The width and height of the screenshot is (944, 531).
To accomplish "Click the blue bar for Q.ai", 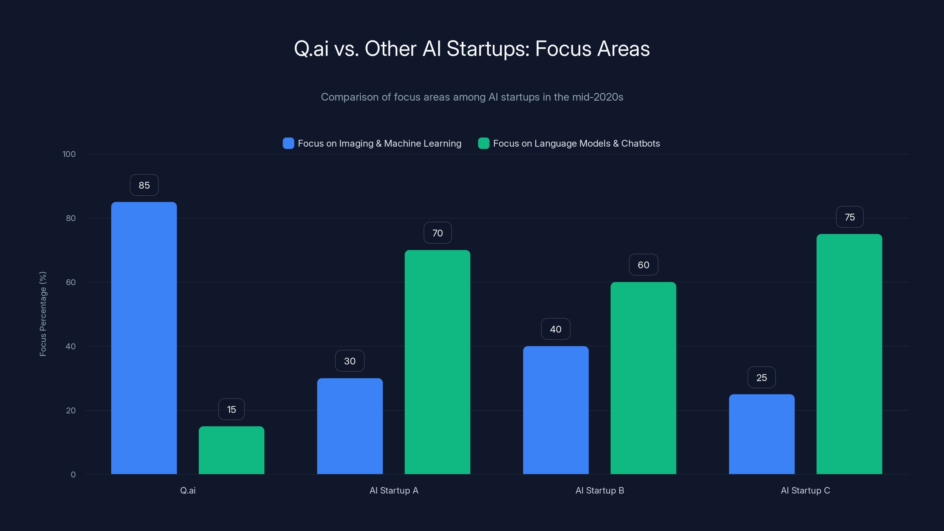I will (144, 337).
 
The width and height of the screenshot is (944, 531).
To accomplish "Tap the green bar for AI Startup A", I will (437, 362).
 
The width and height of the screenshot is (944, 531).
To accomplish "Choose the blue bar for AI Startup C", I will (761, 434).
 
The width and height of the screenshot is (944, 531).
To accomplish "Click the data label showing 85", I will (144, 185).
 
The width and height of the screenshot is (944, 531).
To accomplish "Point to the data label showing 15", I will (231, 409).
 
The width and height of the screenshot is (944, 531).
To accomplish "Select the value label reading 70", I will (437, 233).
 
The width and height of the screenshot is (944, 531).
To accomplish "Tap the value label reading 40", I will (555, 329).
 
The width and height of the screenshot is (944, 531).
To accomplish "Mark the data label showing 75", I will (850, 217).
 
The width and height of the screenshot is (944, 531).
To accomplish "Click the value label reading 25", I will (761, 378).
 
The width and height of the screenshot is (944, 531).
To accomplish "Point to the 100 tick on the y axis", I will (69, 154).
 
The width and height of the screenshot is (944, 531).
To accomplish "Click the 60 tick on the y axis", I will (71, 282).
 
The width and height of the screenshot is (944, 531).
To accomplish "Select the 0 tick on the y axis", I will (73, 475).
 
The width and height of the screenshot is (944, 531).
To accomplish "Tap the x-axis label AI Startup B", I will (599, 490).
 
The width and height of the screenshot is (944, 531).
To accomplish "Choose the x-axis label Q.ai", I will (188, 490).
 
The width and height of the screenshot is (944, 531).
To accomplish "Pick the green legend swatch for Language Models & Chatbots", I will (484, 143).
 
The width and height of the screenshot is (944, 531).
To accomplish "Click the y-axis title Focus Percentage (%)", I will (43, 314).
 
